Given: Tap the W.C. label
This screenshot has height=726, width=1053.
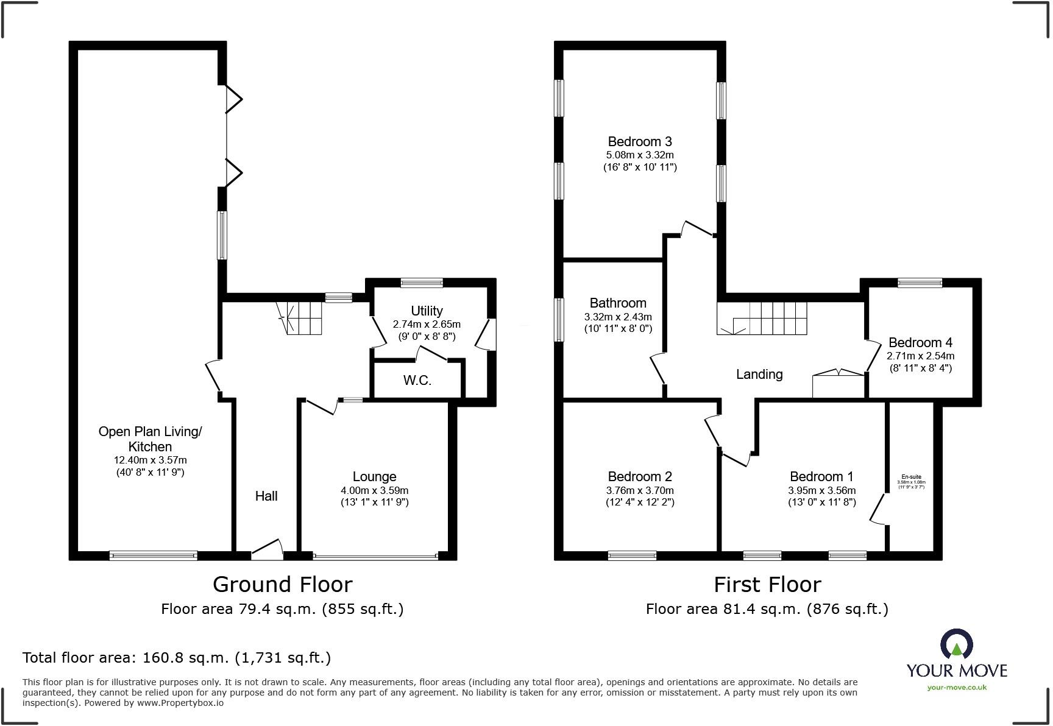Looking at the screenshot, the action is pos(417,381).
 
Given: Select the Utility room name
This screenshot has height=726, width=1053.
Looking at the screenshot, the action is pos(427,311).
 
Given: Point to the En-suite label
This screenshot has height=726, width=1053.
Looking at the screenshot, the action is pos(911,477).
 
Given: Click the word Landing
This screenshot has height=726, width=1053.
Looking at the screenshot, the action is pos(759,374).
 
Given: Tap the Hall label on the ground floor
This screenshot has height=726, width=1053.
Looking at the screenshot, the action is pos(266,496).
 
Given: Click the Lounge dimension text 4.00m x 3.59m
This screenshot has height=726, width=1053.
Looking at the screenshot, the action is pos(375,490).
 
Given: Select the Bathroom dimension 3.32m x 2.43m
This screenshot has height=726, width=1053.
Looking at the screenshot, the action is pos(618,317).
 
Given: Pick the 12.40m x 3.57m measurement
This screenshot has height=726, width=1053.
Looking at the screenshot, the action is pos(150,460).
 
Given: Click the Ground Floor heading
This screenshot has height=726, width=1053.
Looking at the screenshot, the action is pos(282,585).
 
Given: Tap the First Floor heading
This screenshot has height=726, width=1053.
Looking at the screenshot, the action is pos(767,585).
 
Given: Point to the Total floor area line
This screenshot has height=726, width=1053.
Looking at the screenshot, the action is pos(177,658).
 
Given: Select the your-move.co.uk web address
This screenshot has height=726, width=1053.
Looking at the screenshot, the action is pos(957,688).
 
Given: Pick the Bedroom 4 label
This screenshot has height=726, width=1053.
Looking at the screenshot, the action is pos(920,342).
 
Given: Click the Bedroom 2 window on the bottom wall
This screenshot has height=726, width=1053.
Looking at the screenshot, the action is pos(632,555).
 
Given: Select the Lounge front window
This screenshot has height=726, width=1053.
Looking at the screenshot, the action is pos(375,555).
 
